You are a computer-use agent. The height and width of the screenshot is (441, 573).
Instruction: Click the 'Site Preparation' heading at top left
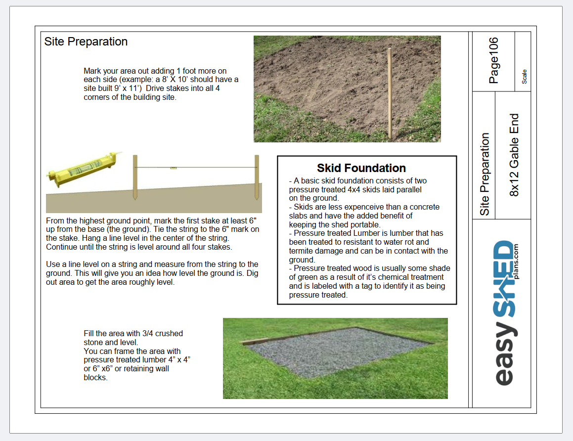tap(86, 42)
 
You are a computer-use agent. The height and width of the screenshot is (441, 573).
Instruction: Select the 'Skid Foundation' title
tap(361, 168)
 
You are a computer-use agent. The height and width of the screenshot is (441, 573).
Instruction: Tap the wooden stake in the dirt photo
tap(390, 93)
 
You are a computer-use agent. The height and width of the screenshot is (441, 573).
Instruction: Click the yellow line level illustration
tap(83, 169)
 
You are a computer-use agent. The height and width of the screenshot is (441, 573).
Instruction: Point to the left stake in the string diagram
tap(135, 177)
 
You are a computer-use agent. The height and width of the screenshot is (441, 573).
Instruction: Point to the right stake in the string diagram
tap(257, 177)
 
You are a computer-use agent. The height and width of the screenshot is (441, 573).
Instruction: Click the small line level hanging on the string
tap(174, 168)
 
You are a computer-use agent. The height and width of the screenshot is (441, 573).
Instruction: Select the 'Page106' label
tap(493, 60)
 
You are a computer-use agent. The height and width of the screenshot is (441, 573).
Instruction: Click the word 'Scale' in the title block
tap(524, 76)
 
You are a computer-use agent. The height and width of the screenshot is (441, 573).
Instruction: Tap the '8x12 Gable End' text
tap(514, 155)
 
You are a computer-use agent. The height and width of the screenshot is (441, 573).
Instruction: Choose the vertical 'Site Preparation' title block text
tap(484, 174)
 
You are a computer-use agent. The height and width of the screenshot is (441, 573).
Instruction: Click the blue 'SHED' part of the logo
tap(504, 278)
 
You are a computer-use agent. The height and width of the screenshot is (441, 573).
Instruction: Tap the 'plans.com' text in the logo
tap(516, 262)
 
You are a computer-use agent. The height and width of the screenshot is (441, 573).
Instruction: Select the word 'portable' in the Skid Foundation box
tap(364, 224)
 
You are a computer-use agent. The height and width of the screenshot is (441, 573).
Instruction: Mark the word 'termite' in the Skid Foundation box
tap(302, 251)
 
